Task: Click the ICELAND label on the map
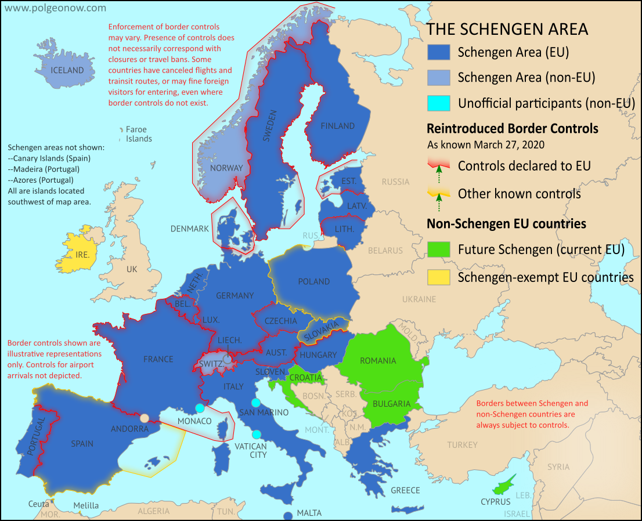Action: [67, 70]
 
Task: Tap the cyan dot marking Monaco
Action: [200, 408]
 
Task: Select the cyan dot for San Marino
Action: [256, 403]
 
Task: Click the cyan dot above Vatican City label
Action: [256, 435]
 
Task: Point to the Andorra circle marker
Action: [144, 418]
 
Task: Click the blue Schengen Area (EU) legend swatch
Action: [439, 52]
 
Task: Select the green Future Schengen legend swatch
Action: [439, 250]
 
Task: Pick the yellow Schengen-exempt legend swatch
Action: [439, 277]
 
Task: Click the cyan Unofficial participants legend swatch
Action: [439, 103]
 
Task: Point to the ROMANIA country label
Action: [378, 361]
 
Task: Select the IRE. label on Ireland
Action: [82, 255]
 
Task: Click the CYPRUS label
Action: [495, 501]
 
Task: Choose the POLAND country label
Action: [314, 281]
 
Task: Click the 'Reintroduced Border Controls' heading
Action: [513, 128]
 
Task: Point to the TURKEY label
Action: [463, 445]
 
